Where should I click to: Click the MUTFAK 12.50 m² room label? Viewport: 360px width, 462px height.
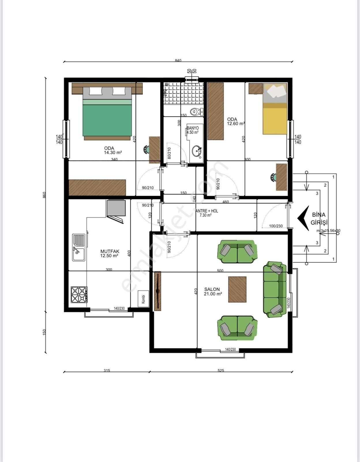pyautogui.click(x=109, y=254)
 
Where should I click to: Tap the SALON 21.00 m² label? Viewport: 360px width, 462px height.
pyautogui.click(x=213, y=291)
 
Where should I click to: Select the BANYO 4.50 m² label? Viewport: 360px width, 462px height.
pyautogui.click(x=192, y=130)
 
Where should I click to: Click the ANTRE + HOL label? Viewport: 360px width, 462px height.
pyautogui.click(x=207, y=213)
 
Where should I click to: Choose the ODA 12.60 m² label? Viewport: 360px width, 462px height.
pyautogui.click(x=235, y=121)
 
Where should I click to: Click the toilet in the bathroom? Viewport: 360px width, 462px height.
pyautogui.click(x=196, y=111)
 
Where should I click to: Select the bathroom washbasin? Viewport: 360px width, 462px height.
pyautogui.click(x=197, y=151)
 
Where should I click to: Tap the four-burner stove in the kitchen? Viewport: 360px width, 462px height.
pyautogui.click(x=79, y=295)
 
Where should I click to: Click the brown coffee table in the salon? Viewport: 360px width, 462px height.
pyautogui.click(x=237, y=289)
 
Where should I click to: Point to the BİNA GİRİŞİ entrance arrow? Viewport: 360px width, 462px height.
pyautogui.click(x=303, y=218)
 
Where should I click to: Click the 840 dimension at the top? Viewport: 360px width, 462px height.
pyautogui.click(x=178, y=61)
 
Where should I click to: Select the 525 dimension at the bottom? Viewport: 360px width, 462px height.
pyautogui.click(x=221, y=370)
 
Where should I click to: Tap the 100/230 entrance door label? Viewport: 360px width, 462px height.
pyautogui.click(x=276, y=226)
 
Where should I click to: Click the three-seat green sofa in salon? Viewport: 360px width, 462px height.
pyautogui.click(x=275, y=289)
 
